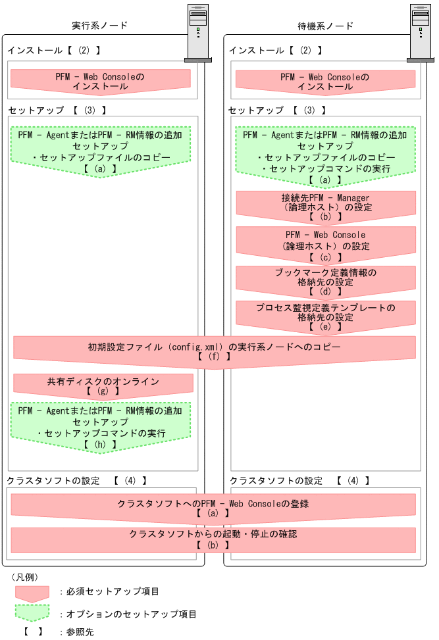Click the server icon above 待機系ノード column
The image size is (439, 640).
(420, 33)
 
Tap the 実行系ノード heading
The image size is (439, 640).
(99, 26)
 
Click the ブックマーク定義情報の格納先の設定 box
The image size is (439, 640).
(326, 280)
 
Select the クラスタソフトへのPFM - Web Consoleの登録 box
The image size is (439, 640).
(213, 507)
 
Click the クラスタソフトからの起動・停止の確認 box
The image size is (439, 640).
(213, 539)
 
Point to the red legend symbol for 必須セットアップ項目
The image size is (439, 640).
(32, 593)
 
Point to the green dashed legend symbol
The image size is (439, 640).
(32, 614)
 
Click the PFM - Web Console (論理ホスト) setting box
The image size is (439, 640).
(326, 242)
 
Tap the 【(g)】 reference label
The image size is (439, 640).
(103, 391)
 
